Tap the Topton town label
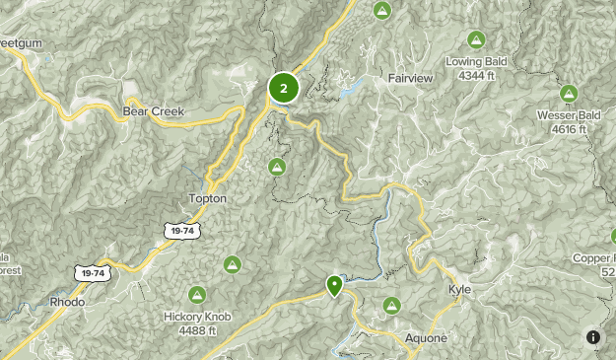(x=207, y=198)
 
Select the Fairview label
(x=411, y=77)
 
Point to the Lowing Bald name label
(x=475, y=61)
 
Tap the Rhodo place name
(x=67, y=301)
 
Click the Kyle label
(x=460, y=290)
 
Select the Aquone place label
(x=426, y=337)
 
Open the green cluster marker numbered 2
(x=284, y=89)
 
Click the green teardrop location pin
(x=335, y=285)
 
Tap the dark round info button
(x=593, y=337)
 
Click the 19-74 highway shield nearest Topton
(x=178, y=230)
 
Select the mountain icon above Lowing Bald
(x=476, y=39)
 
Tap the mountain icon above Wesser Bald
(x=569, y=94)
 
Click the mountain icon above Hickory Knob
(x=197, y=294)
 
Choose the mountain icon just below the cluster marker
(x=278, y=166)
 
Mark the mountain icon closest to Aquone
(x=392, y=306)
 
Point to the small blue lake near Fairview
(x=350, y=91)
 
